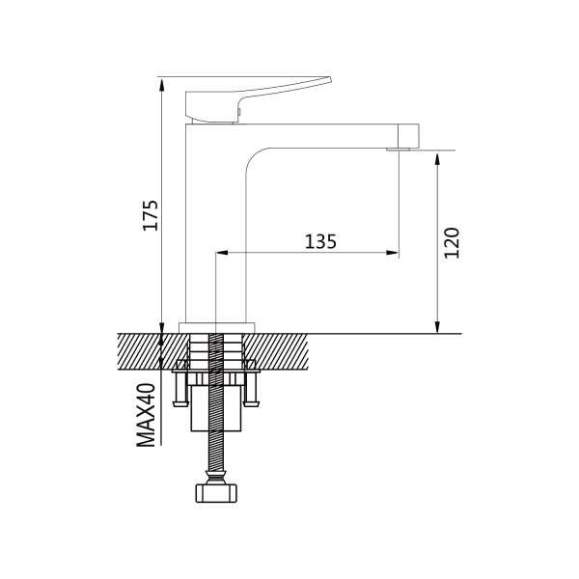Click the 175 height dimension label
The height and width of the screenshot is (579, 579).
(151, 215)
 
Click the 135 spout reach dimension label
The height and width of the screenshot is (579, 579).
(320, 241)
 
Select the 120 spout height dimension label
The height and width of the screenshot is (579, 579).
(452, 243)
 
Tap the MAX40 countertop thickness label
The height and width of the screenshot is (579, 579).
(146, 415)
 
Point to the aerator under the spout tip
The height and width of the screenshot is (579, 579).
(398, 150)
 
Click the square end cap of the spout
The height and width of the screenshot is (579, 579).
(409, 135)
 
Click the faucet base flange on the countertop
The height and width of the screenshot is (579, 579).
(217, 327)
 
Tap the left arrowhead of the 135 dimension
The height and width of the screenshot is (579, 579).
(221, 253)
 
